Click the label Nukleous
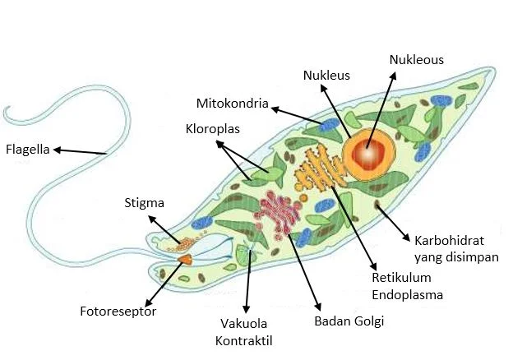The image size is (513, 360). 416,60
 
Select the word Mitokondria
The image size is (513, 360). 233,104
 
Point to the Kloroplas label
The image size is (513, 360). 211,129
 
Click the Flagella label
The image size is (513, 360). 28,150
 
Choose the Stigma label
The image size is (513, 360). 145,202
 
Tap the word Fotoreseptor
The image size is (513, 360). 118,312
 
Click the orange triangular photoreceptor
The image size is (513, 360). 185,259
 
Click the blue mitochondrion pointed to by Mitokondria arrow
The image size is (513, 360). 328,127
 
